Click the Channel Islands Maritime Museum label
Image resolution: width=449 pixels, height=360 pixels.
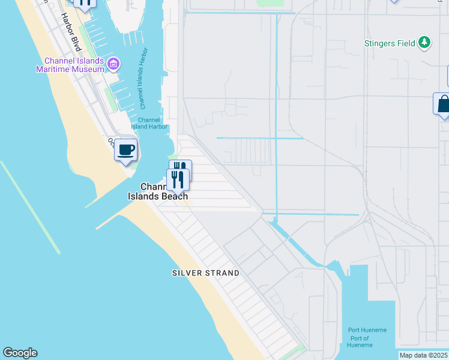(74, 65)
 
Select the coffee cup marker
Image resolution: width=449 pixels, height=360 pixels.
(125, 150)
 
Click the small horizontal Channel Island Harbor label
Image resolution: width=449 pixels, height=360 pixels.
(149, 124)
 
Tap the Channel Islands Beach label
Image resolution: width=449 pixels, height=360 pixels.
(158, 191)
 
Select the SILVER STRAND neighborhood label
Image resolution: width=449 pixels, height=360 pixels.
(205, 273)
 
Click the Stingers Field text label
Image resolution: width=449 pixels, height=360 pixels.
(390, 43)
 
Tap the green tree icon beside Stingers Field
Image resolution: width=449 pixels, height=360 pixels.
(425, 42)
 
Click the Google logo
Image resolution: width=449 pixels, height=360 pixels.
(20, 353)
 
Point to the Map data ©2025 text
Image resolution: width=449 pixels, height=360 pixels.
(424, 355)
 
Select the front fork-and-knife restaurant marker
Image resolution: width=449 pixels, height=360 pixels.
(177, 179)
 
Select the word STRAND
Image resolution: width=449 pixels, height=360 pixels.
(221, 273)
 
